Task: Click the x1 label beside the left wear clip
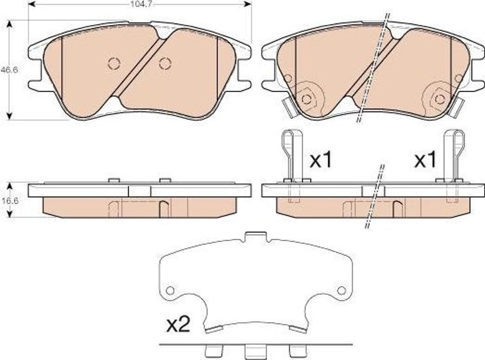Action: (321, 160)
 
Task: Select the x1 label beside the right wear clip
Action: (425, 160)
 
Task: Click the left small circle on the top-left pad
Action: (114, 63)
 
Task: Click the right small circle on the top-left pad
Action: (165, 63)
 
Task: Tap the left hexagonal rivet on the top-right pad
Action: (306, 99)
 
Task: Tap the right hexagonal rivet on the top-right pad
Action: (439, 99)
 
